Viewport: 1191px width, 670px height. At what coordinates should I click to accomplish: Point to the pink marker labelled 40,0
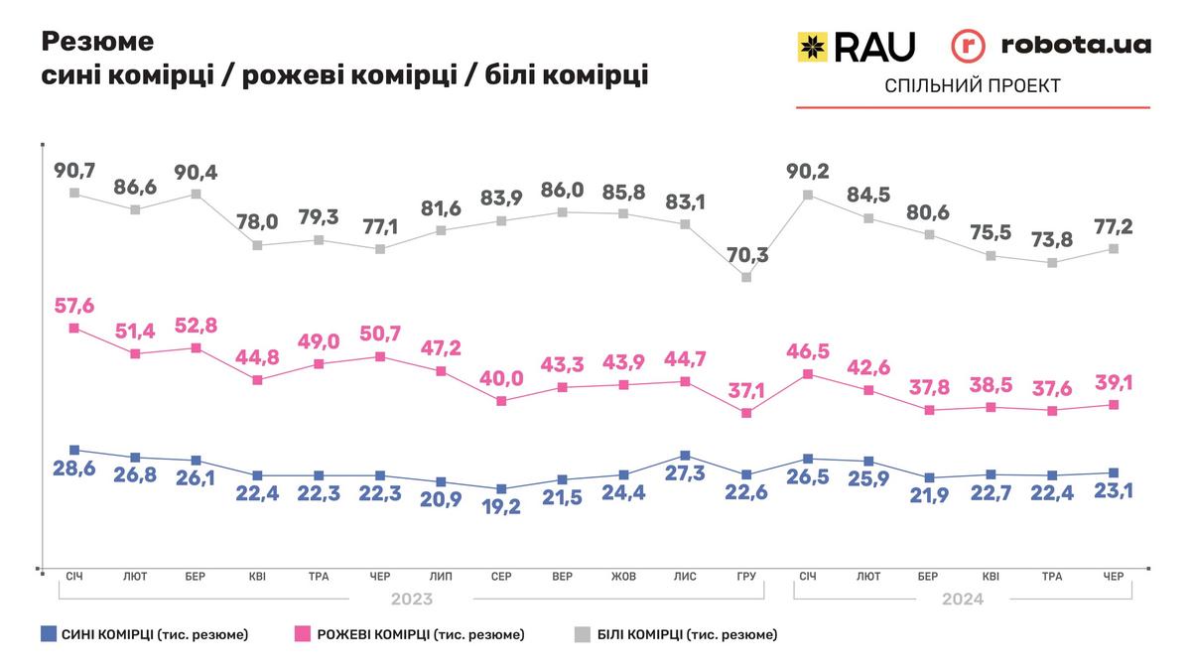pos(501,401)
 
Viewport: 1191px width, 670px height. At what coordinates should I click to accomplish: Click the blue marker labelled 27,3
pos(685,455)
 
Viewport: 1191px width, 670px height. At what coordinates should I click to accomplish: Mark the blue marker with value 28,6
pos(73,450)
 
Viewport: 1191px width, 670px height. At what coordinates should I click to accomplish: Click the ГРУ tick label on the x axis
pos(745,577)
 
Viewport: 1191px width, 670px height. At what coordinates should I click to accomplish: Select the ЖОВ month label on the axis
pos(623,577)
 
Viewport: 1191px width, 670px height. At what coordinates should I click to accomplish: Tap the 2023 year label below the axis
pos(410,600)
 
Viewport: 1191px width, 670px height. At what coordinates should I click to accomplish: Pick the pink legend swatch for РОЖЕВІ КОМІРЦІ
pos(304,633)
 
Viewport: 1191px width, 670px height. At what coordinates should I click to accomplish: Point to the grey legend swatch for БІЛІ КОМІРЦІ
pos(584,633)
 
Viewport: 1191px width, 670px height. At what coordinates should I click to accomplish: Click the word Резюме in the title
pos(98,42)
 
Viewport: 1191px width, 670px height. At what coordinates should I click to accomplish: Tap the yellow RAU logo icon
pos(814,46)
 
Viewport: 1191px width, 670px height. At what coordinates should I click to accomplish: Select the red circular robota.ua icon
pos(970,46)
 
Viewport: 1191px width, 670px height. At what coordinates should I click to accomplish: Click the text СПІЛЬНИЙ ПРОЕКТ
pos(972,86)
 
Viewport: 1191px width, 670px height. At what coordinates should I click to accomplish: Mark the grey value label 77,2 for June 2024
pos(1114,226)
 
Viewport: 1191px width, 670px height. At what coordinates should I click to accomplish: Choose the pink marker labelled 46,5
pos(808,374)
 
